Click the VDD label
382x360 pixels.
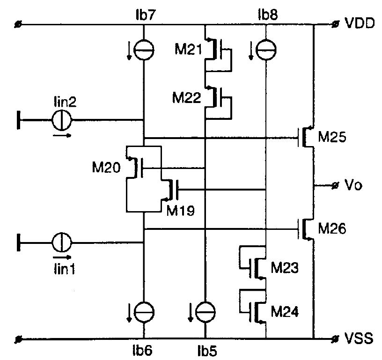click(360, 23)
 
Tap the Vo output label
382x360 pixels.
click(355, 185)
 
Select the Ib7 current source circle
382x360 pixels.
click(143, 50)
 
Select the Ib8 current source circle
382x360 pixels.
click(266, 50)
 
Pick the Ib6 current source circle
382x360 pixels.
click(143, 311)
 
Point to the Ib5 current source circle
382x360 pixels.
click(205, 311)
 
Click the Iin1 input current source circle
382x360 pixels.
click(61, 242)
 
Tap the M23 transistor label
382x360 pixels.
click(284, 268)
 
